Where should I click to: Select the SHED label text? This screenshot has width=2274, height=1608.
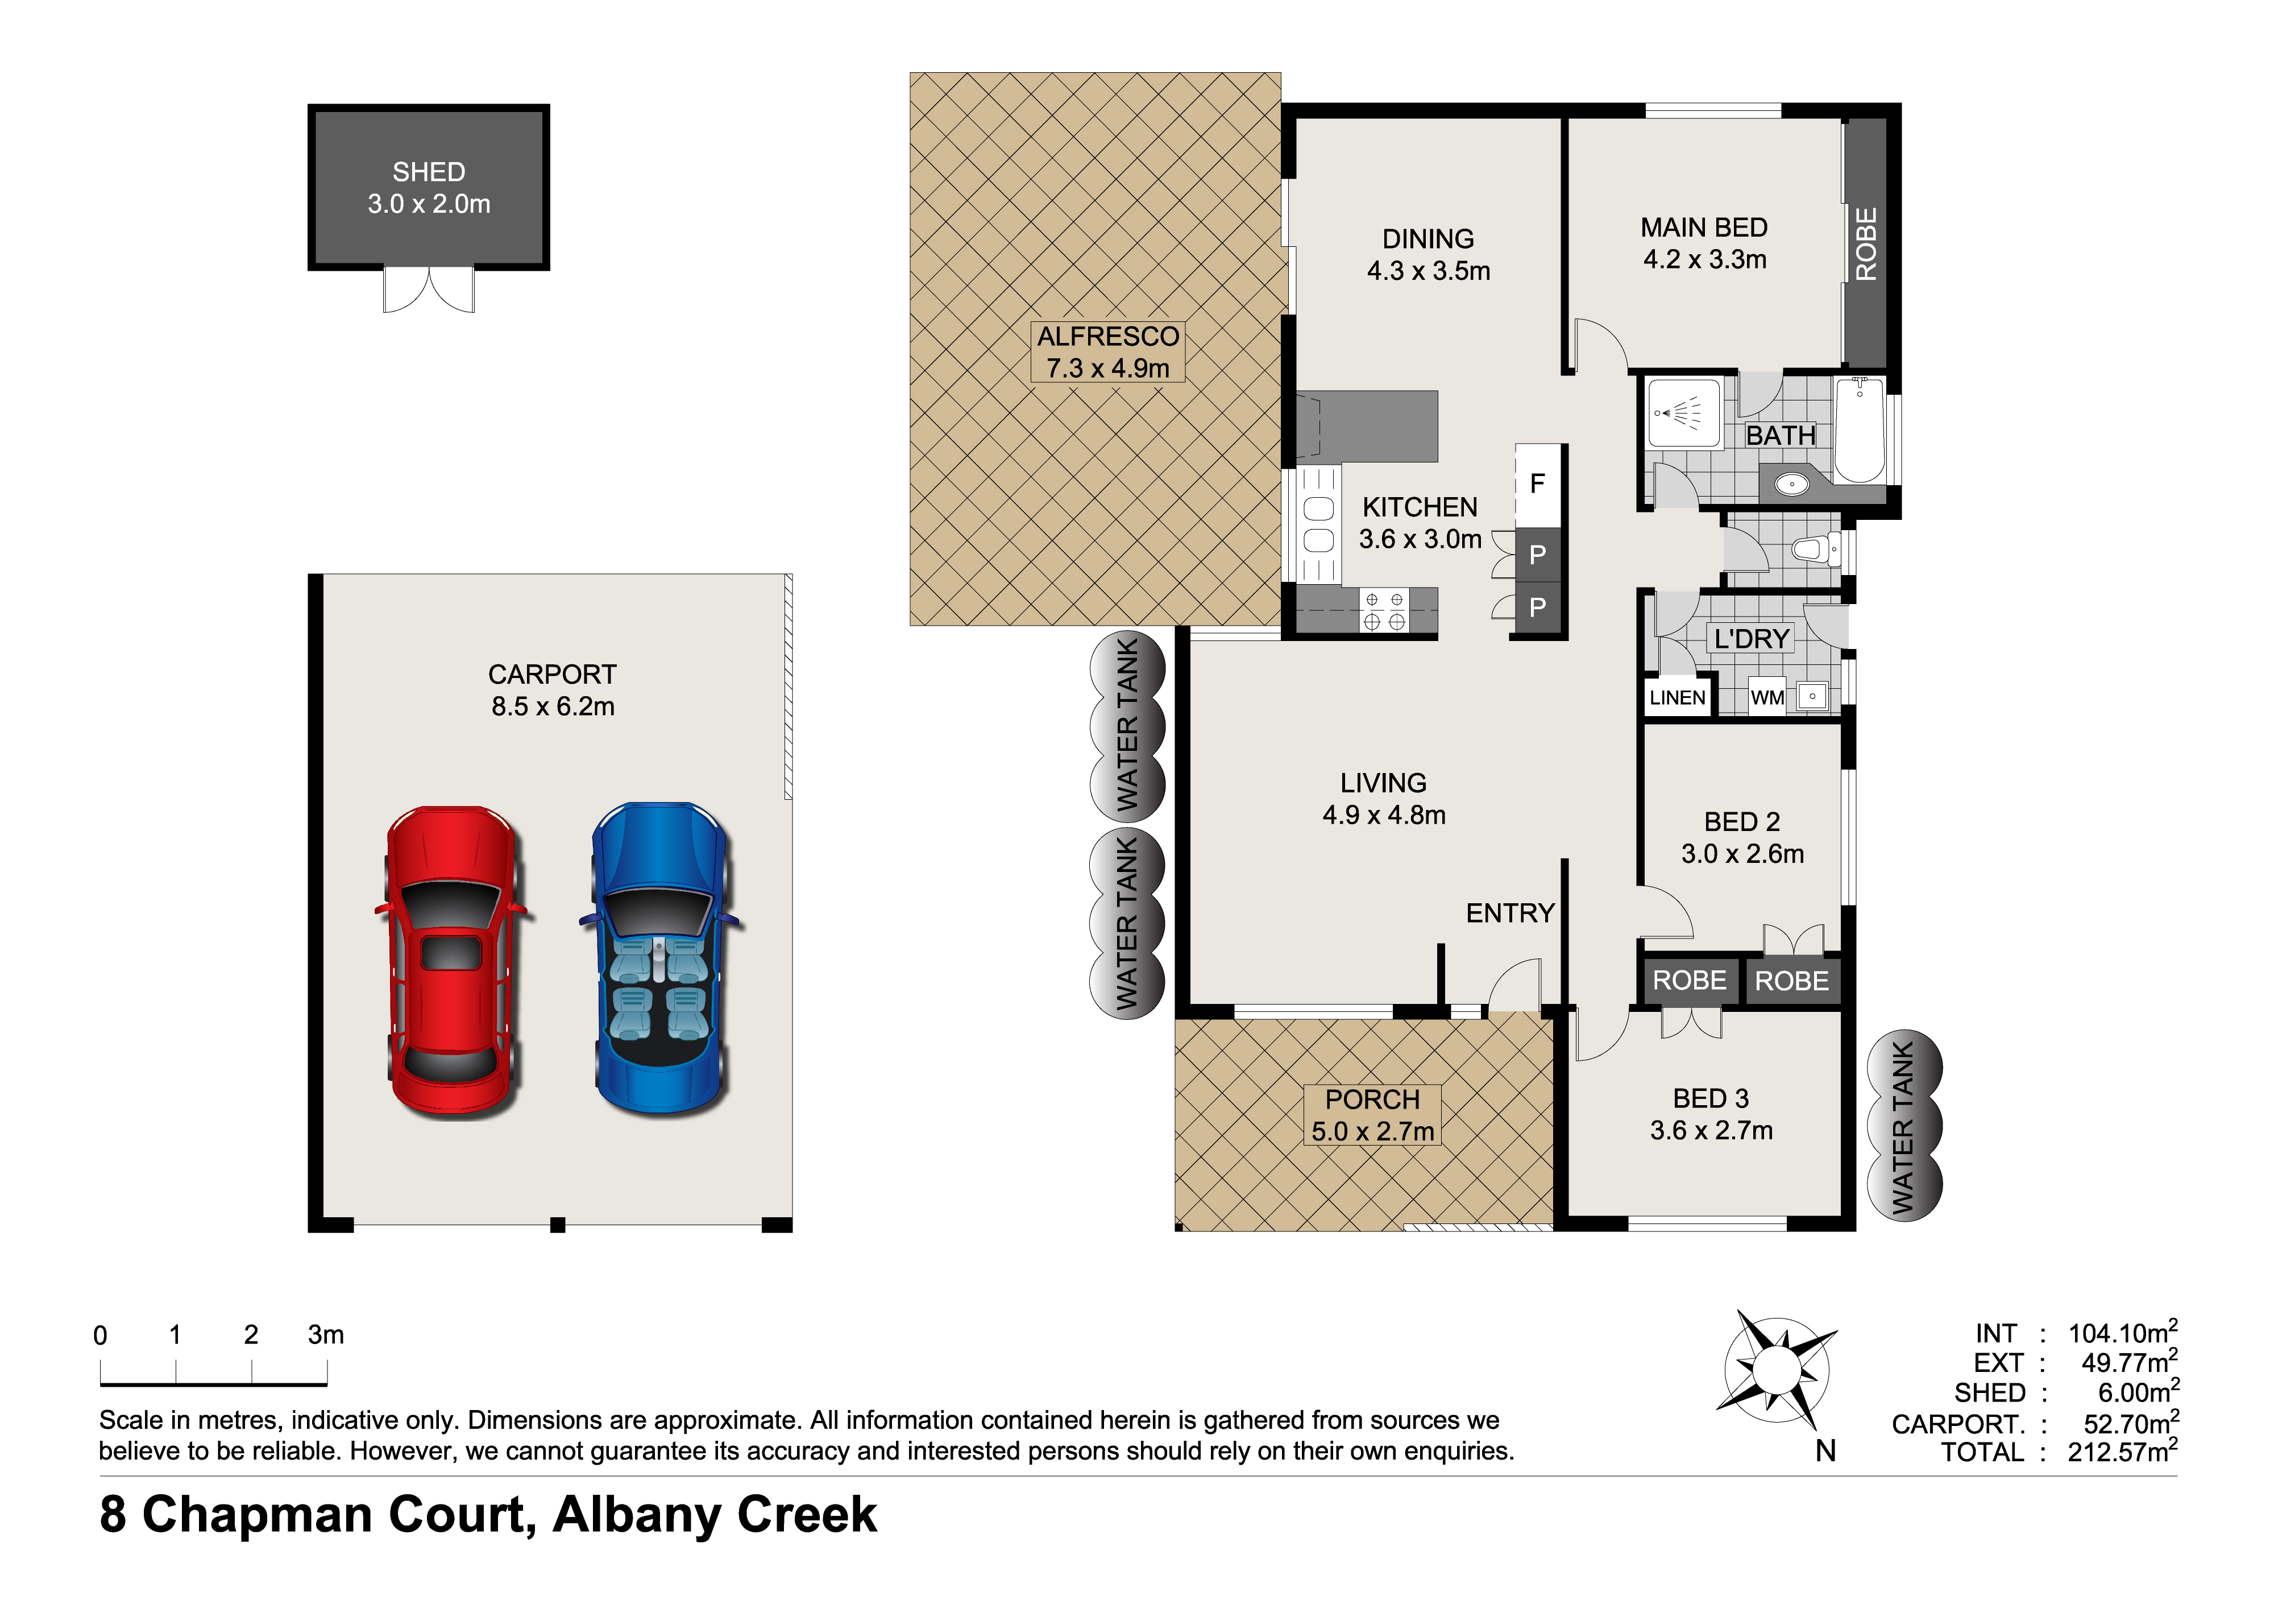pyautogui.click(x=429, y=172)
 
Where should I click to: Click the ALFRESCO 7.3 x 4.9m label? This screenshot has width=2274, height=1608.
pyautogui.click(x=1108, y=352)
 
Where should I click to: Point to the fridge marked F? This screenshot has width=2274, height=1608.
pyautogui.click(x=1538, y=485)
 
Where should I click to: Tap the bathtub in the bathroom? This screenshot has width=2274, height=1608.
pyautogui.click(x=1860, y=430)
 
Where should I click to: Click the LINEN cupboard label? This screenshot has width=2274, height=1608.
pyautogui.click(x=1678, y=697)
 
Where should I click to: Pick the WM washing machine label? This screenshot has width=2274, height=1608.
pyautogui.click(x=1767, y=697)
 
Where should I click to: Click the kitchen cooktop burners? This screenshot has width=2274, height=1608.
pyautogui.click(x=1384, y=611)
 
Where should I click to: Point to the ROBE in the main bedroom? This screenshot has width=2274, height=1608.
pyautogui.click(x=1866, y=243)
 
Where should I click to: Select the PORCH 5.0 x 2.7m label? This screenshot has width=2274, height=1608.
pyautogui.click(x=1373, y=1115)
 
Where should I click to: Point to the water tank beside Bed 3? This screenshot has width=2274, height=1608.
pyautogui.click(x=1903, y=1126)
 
